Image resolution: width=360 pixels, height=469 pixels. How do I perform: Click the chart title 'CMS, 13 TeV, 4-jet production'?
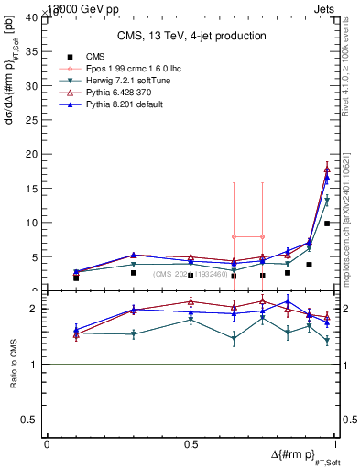point(191,36)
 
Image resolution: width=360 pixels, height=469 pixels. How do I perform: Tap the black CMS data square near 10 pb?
point(327,223)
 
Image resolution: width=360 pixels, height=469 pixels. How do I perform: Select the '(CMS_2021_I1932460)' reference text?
point(191,273)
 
